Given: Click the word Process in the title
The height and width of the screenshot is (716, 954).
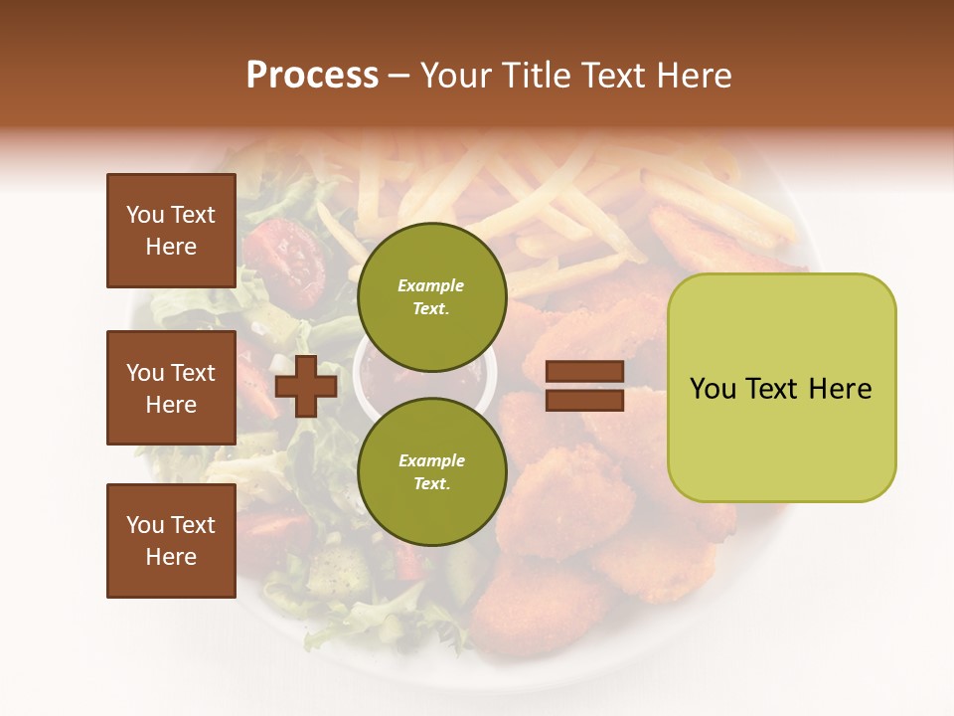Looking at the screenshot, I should [312, 76].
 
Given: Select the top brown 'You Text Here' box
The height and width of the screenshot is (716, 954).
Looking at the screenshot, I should [171, 231].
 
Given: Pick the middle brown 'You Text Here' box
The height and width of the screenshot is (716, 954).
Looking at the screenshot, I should [171, 388].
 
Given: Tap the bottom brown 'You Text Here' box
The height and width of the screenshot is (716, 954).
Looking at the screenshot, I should [171, 540].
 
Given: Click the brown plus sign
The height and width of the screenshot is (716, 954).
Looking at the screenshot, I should [306, 386].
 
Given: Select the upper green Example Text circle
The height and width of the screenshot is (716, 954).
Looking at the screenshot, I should [431, 296].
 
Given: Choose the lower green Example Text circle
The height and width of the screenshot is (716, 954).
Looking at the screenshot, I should [431, 471].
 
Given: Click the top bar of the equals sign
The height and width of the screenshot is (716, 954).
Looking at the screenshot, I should [585, 371].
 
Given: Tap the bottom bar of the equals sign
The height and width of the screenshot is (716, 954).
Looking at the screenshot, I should [585, 400].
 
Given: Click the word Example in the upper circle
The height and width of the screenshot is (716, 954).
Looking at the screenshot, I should [430, 285].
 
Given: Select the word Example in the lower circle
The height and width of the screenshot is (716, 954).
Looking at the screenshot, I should [431, 460].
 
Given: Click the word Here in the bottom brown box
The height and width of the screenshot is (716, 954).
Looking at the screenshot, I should [171, 557].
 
